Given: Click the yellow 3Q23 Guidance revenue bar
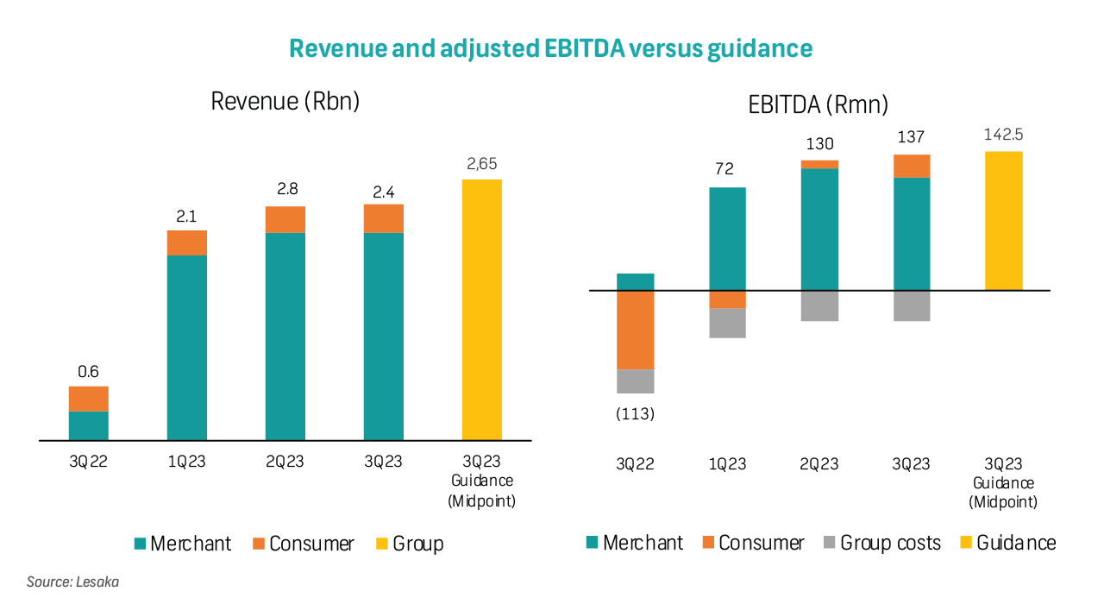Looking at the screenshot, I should [482, 310].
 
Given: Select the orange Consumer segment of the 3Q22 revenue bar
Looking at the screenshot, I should [89, 399].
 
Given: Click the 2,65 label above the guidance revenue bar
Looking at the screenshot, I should [482, 164].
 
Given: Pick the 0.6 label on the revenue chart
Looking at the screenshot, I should [88, 372].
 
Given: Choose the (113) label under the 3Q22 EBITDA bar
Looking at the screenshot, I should [636, 414].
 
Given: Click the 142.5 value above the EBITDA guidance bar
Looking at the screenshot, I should [1003, 135].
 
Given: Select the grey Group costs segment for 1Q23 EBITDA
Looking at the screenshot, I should [727, 323].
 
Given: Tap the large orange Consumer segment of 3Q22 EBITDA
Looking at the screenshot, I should [636, 330].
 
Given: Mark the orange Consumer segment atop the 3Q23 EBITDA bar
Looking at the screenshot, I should [912, 166].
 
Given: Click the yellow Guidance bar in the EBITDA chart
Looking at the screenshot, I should [1003, 221].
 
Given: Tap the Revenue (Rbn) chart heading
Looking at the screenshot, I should [285, 101].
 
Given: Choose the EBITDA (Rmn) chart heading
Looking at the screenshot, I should [818, 105].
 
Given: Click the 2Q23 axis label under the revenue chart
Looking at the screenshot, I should [285, 462].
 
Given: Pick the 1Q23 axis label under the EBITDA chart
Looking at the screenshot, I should [727, 464].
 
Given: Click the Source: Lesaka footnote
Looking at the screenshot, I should [72, 582].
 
